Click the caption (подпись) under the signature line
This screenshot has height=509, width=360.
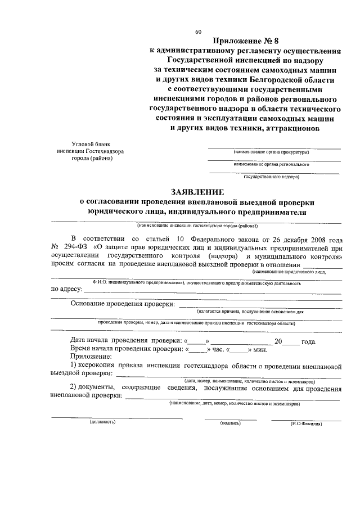coord(230,422)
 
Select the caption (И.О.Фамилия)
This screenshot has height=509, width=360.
coord(306,423)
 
